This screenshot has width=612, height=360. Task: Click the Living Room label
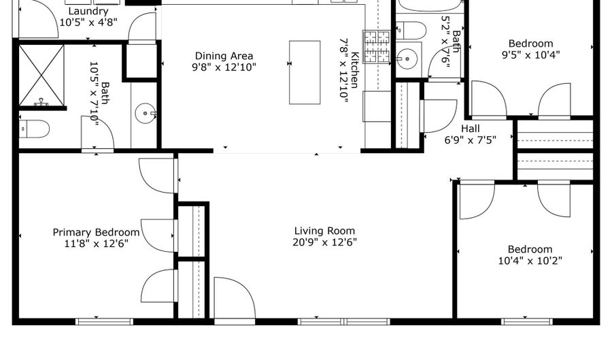click(x=324, y=231)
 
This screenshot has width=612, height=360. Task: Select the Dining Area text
click(x=224, y=56)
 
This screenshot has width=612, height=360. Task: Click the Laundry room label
click(x=88, y=12)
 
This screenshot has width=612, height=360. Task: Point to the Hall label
click(x=470, y=129)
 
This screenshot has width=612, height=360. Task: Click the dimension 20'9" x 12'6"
click(x=324, y=242)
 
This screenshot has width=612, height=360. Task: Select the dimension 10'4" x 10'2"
click(x=530, y=261)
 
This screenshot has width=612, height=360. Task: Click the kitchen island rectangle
click(x=305, y=72)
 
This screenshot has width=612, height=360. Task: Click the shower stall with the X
click(x=41, y=75)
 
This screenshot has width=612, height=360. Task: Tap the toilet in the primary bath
click(x=35, y=128)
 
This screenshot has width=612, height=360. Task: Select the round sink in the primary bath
click(x=146, y=114)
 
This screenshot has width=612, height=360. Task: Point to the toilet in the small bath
click(x=412, y=31)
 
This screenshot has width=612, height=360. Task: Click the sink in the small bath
click(x=408, y=59)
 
